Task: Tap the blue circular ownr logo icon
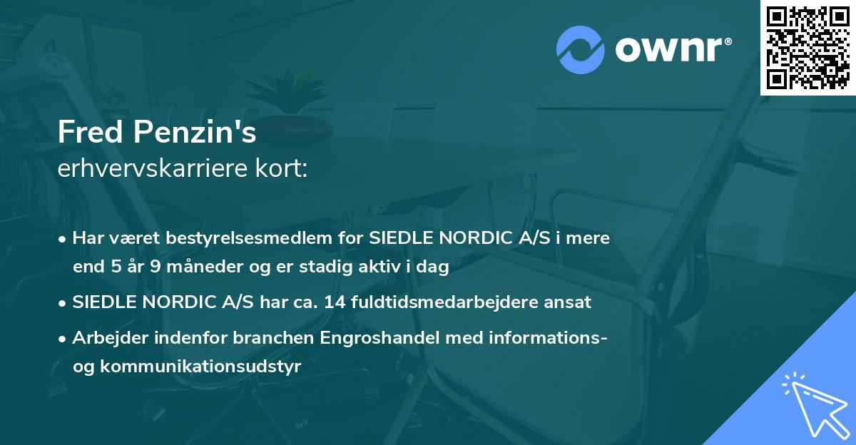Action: point(580,49)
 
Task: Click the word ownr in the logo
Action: point(672,49)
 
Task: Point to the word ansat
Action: point(568,302)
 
